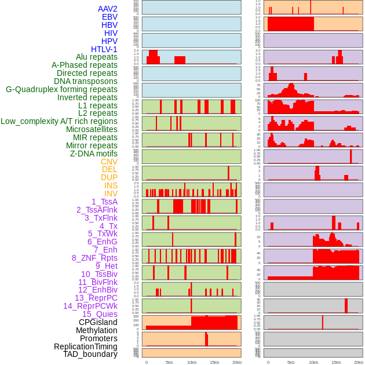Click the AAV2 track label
[x=107, y=9]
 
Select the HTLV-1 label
[x=104, y=49]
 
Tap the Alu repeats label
[x=97, y=57]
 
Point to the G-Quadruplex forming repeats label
[x=61, y=89]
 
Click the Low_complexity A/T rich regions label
[x=59, y=121]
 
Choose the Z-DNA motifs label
[x=93, y=154]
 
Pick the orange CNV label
[x=109, y=162]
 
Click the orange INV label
[x=111, y=194]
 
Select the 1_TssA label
[x=104, y=202]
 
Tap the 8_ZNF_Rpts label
[x=94, y=258]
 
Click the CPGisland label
[x=98, y=322]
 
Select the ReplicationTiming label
[x=85, y=346]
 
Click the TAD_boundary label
[x=90, y=354]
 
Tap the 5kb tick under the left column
[x=169, y=362]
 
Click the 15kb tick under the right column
[x=335, y=362]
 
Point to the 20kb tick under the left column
[x=236, y=362]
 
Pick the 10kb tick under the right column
[x=313, y=362]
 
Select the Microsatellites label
[x=92, y=129]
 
